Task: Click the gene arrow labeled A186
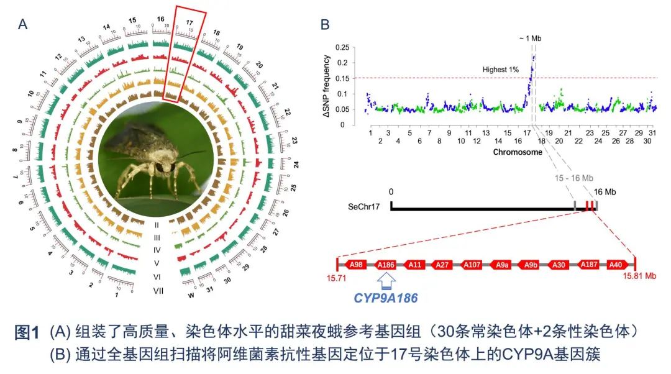click(386, 265)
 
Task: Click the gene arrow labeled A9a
click(502, 265)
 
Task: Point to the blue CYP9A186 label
click(385, 298)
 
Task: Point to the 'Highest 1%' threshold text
click(500, 70)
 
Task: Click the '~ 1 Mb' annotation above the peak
click(530, 39)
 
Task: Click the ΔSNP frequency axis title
click(326, 86)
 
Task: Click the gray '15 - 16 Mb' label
click(571, 178)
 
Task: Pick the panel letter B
click(325, 24)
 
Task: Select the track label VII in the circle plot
click(158, 291)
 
